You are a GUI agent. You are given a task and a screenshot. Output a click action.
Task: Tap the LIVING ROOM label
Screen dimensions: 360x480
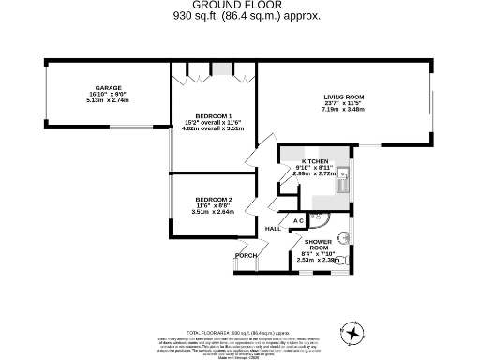click(x=344, y=97)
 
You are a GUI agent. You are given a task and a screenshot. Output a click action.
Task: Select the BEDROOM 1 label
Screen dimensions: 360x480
click(x=213, y=116)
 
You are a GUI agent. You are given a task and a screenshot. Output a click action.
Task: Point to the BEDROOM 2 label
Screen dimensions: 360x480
click(x=213, y=200)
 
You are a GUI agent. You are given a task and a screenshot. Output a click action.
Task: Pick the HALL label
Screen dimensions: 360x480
click(x=274, y=229)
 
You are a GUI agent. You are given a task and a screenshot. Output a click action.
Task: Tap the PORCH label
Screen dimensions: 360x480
click(x=246, y=255)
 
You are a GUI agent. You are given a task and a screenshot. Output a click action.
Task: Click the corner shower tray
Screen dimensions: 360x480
click(x=319, y=219)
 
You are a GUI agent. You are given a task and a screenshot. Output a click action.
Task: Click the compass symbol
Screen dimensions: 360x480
click(x=353, y=333)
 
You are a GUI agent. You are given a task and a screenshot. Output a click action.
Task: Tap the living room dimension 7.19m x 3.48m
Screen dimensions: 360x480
click(x=344, y=109)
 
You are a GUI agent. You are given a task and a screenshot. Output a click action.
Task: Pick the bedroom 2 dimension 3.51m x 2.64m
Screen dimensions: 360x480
click(x=213, y=211)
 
